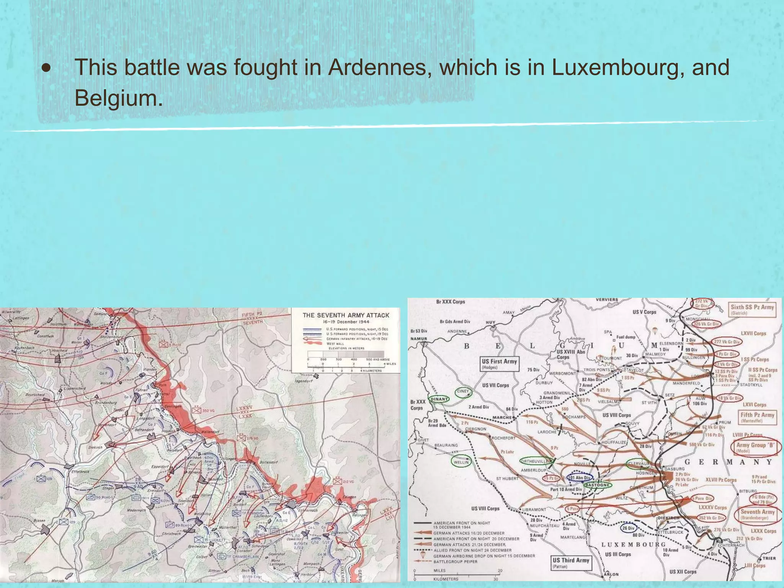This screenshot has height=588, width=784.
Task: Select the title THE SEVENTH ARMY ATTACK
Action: [x=346, y=315]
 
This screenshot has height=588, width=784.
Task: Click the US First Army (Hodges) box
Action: [x=499, y=364]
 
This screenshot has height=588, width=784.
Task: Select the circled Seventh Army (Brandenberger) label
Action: [x=757, y=514]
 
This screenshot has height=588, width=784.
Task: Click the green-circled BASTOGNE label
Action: [x=597, y=485]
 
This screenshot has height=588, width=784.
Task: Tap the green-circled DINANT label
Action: [x=439, y=399]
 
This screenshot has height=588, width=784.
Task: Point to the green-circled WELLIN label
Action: [x=461, y=462]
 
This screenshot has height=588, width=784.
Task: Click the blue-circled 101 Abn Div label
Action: [x=579, y=477]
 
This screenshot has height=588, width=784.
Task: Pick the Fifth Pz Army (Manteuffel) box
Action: [x=757, y=417]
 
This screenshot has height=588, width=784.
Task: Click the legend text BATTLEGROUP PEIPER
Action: [x=455, y=562]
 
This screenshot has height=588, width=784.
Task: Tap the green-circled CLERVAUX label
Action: [x=637, y=464]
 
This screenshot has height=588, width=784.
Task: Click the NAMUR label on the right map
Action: [x=418, y=339]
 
